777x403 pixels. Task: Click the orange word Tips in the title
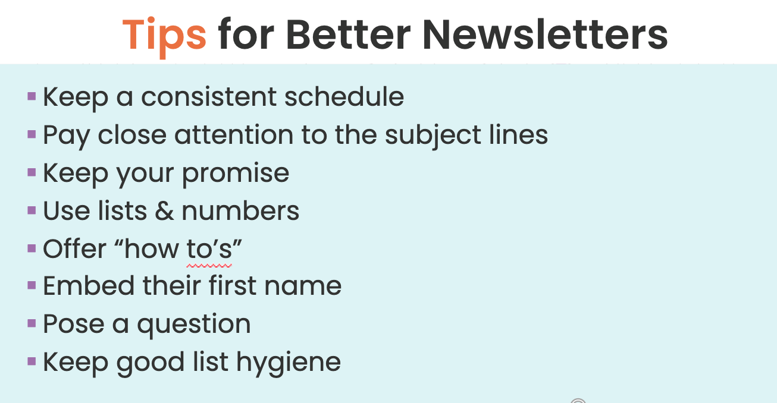pos(164,37)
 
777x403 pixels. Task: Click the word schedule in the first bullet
pos(344,96)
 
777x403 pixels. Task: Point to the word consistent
pos(209,97)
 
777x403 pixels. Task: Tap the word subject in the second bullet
pos(433,135)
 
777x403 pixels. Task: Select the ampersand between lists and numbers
pos(164,210)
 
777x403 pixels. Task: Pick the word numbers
pos(240,210)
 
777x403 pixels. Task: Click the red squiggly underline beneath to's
pos(209,266)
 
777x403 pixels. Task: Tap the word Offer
pos(74,248)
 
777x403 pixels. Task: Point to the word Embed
pos(89,285)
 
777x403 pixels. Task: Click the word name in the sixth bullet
pos(303,286)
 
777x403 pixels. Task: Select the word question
pos(194,325)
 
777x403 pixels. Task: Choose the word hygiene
pos(289,363)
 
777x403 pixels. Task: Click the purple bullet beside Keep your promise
pos(32,172)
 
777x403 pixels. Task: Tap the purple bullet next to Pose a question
pos(32,323)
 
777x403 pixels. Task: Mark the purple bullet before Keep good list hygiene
pos(32,361)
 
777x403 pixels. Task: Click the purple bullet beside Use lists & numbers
pos(32,210)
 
